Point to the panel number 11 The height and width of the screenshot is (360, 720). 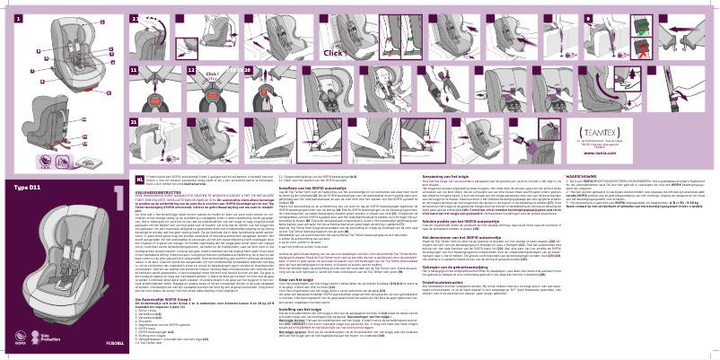pos(136,69)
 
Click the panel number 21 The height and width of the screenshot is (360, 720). pos(136,120)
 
